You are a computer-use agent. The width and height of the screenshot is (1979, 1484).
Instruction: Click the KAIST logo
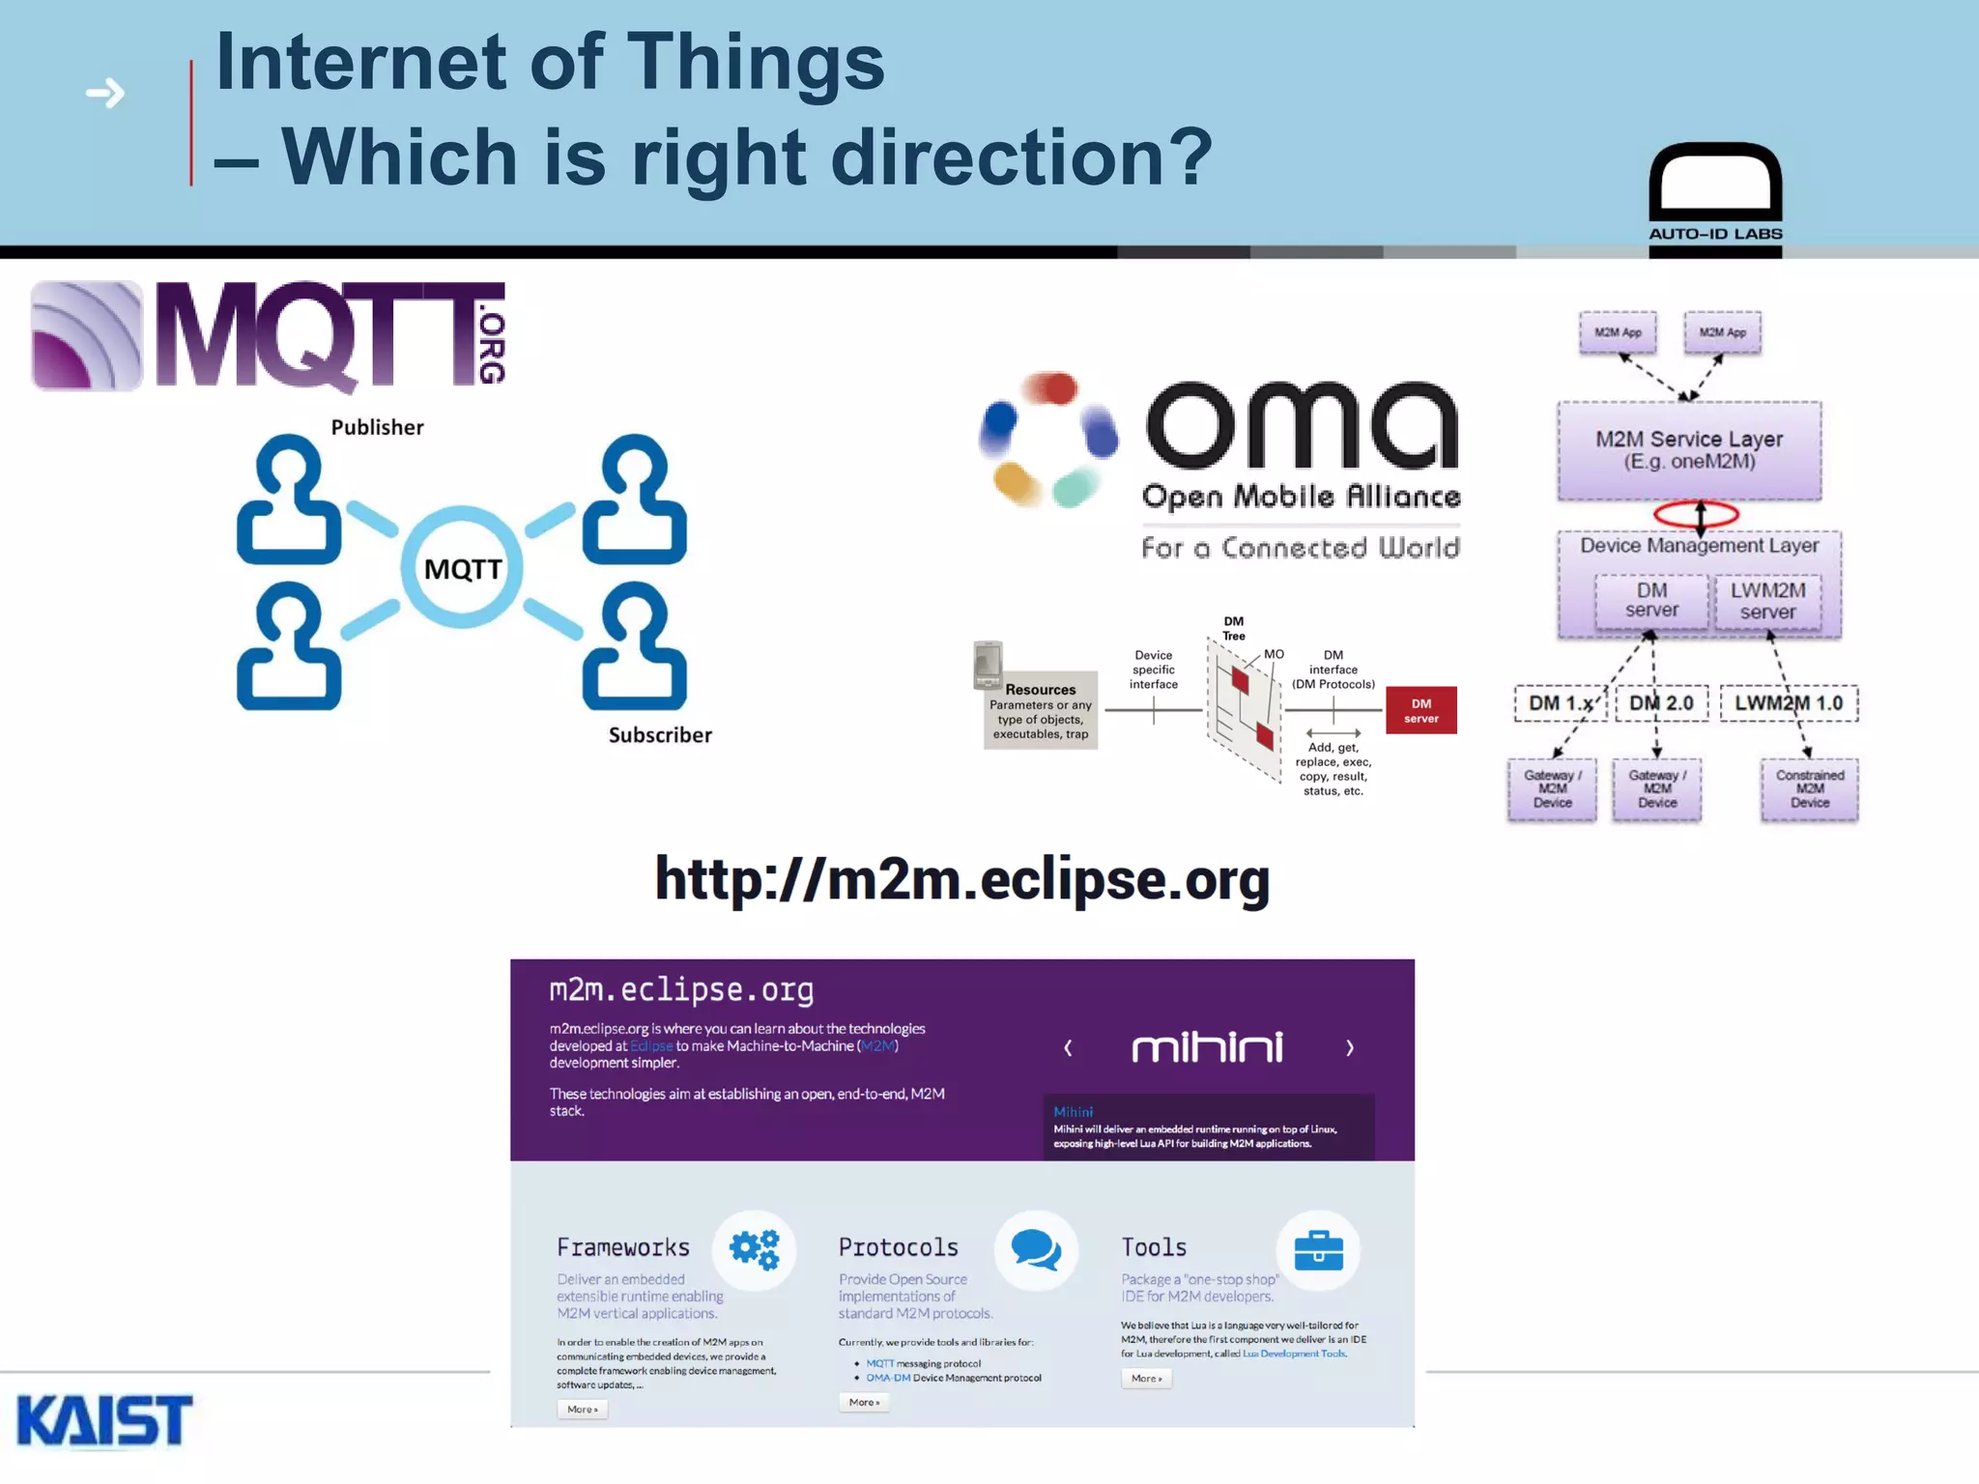pyautogui.click(x=104, y=1420)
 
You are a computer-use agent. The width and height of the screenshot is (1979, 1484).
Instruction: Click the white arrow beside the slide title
pyautogui.click(x=105, y=94)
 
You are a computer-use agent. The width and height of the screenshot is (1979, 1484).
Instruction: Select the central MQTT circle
pyautogui.click(x=463, y=568)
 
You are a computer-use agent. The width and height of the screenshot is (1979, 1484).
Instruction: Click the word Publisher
pyautogui.click(x=377, y=427)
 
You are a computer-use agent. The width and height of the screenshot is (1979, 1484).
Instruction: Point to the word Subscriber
pyautogui.click(x=660, y=735)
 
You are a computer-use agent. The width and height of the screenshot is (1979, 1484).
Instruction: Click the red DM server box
pyautogui.click(x=1420, y=711)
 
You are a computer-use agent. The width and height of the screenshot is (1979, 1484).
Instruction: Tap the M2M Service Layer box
pyautogui.click(x=1689, y=450)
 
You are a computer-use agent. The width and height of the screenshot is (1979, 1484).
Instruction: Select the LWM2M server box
pyautogui.click(x=1767, y=601)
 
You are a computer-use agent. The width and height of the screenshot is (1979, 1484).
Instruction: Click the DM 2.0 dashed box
pyautogui.click(x=1661, y=703)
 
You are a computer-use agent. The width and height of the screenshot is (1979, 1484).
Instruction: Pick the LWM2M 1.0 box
pyautogui.click(x=1789, y=703)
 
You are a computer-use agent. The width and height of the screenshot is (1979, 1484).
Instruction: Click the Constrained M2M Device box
pyautogui.click(x=1809, y=789)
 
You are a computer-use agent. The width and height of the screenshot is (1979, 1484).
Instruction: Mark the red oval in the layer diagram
pyautogui.click(x=1696, y=514)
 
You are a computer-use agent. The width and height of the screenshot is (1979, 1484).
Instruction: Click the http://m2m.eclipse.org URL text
pyautogui.click(x=962, y=879)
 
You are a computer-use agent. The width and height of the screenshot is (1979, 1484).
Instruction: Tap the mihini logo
pyautogui.click(x=1207, y=1047)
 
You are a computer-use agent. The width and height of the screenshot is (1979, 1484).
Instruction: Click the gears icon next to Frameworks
pyautogui.click(x=755, y=1250)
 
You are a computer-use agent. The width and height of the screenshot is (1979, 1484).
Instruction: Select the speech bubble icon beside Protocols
pyautogui.click(x=1036, y=1250)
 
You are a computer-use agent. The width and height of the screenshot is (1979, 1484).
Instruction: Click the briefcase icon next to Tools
pyautogui.click(x=1318, y=1250)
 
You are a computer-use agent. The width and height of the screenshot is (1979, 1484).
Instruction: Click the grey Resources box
pyautogui.click(x=1040, y=711)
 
